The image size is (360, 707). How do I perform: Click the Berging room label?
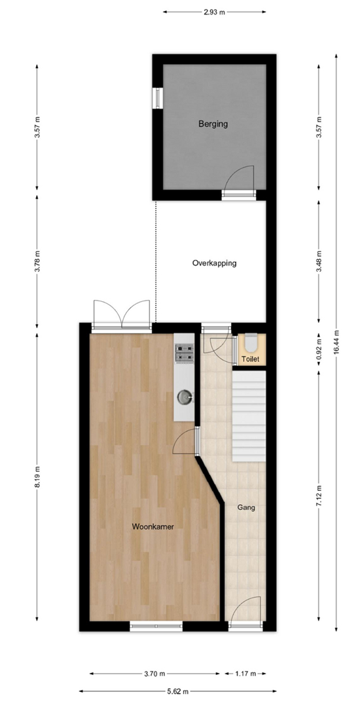click(213, 124)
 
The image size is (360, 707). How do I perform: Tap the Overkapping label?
click(214, 263)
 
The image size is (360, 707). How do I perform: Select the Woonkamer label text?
click(153, 526)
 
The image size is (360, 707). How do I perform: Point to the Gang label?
click(246, 508)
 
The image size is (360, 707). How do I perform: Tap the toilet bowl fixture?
click(251, 342)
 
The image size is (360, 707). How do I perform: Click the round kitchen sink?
click(185, 397)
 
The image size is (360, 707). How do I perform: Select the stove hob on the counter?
click(185, 353)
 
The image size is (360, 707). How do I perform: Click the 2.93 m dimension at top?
click(214, 12)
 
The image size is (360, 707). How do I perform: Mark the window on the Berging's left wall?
click(157, 98)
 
